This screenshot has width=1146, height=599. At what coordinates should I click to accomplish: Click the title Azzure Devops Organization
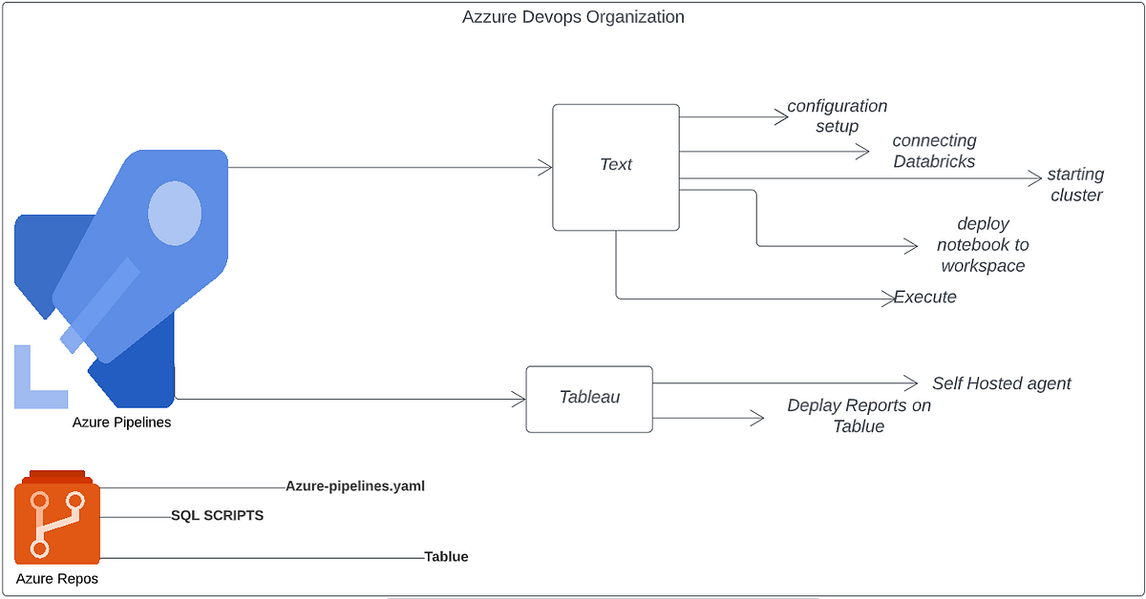573,17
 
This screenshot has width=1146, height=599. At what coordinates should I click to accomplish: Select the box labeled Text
616,167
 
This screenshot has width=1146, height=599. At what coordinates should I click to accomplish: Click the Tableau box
589,398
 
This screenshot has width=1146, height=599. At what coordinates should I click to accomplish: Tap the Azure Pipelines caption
121,422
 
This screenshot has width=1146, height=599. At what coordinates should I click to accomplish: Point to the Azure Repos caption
57,578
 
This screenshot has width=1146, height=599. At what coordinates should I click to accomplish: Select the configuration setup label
837,116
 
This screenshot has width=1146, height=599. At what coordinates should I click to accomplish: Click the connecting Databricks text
934,152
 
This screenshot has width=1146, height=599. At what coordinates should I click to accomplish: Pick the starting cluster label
1075,185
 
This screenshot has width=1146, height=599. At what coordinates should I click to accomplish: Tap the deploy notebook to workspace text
983,245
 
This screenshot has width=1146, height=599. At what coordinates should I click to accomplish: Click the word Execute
924,297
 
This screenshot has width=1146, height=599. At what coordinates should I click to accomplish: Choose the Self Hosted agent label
1001,383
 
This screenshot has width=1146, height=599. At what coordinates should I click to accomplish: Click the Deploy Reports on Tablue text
859,416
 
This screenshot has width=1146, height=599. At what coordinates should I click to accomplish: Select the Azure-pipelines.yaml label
354,485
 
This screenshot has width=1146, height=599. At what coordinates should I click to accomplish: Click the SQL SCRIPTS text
217,516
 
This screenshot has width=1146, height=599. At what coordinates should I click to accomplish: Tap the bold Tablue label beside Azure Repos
446,556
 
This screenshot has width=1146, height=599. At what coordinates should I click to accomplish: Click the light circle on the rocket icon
175,212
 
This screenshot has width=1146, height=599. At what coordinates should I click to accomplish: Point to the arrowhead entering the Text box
547,168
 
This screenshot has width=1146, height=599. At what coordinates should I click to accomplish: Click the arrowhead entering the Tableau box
520,398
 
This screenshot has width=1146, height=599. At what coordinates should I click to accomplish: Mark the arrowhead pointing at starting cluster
1034,178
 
